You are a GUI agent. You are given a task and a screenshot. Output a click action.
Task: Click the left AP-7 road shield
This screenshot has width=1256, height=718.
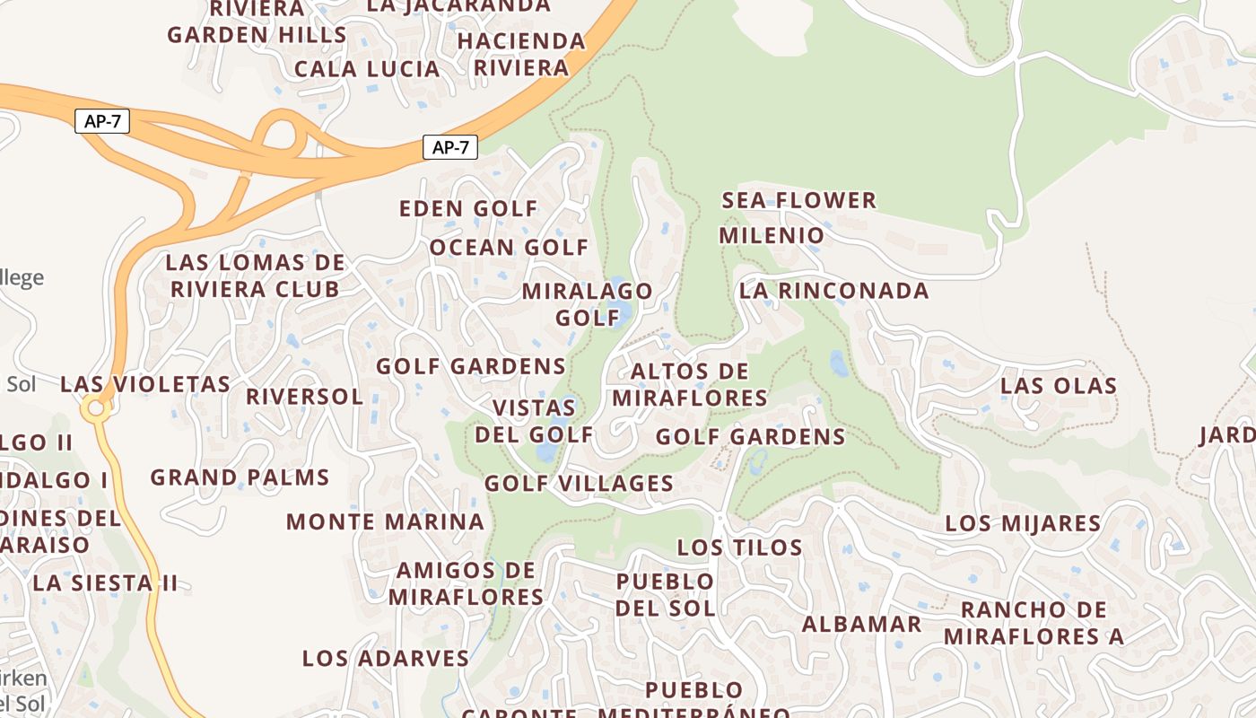pos(102,121)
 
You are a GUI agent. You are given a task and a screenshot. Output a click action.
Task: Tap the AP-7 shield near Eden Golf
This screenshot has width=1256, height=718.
pos(450,147)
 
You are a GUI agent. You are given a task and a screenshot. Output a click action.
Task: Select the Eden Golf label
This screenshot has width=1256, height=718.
pos(468,209)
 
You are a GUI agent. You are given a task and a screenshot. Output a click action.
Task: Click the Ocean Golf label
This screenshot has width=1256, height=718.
pos(509,248)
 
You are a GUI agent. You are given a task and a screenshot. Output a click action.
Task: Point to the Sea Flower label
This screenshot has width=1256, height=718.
pos(799,200)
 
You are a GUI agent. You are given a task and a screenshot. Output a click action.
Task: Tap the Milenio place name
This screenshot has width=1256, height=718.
pos(772,236)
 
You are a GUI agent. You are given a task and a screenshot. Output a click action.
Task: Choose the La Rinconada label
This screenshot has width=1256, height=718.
pos(833,291)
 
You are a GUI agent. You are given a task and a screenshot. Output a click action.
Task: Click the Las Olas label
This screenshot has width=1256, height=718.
pos(1059,386)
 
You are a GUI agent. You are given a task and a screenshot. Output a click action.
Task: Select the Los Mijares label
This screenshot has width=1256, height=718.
pos(1023,523)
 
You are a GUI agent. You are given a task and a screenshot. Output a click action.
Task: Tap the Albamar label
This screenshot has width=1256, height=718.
pos(861,625)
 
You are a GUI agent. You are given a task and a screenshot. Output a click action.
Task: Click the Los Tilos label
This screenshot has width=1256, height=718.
pos(739,547)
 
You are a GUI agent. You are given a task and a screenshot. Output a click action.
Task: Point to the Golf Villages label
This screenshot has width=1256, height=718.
pos(579,484)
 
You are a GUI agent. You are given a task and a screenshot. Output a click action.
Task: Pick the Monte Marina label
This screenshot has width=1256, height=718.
pos(385,521)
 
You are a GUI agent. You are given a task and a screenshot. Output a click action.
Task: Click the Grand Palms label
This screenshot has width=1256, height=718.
pos(240,477)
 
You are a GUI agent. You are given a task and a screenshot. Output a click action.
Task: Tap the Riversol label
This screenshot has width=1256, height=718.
pos(304,397)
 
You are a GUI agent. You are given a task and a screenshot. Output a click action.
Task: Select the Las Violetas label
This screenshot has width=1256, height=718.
pos(145,384)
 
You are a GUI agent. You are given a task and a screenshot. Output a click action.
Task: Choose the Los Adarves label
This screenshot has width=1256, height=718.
pos(385,658)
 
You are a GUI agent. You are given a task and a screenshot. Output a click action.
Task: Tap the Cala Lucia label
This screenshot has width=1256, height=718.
pos(367,69)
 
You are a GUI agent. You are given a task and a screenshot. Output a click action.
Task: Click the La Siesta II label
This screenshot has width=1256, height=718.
pos(106,582)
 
